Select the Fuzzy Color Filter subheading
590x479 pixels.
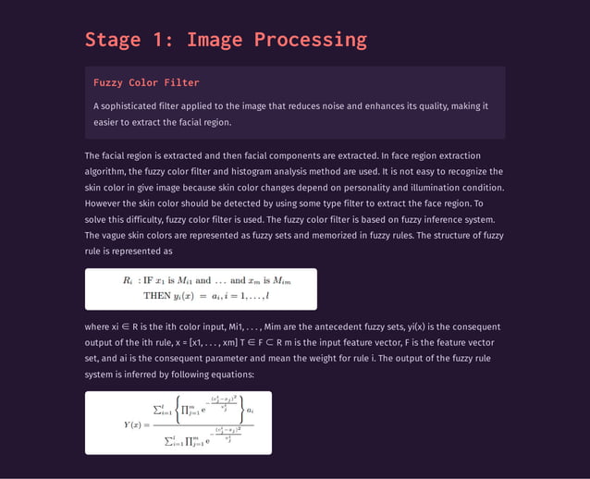pyautogui.click(x=146, y=83)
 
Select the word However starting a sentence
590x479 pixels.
pyautogui.click(x=104, y=203)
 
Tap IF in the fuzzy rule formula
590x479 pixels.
pyautogui.click(x=148, y=280)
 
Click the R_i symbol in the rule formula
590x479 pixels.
pyautogui.click(x=128, y=280)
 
